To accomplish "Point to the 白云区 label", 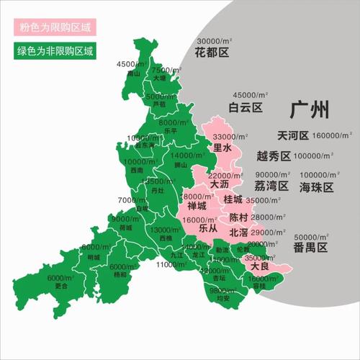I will pyautogui.click(x=245, y=108).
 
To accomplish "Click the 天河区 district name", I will pyautogui.click(x=293, y=135).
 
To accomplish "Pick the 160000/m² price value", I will pyautogui.click(x=332, y=135).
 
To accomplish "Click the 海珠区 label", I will pyautogui.click(x=318, y=187).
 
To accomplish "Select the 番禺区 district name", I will pyautogui.click(x=310, y=248).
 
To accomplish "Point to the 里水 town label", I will pyautogui.click(x=222, y=148).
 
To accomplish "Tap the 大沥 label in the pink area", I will pyautogui.click(x=220, y=184).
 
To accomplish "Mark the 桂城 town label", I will pyautogui.click(x=233, y=199).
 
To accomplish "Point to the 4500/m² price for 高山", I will pyautogui.click(x=131, y=64).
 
